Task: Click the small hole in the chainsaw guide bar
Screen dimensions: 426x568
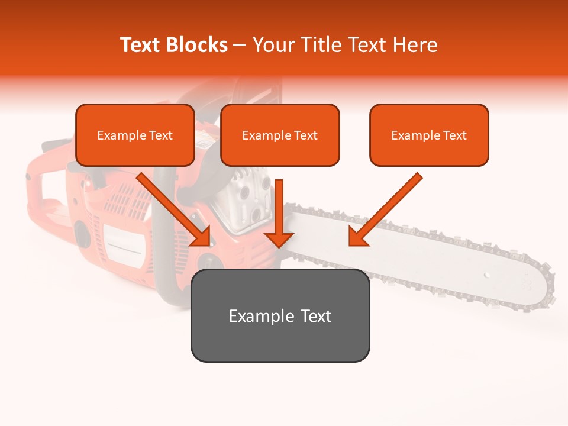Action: (487, 275)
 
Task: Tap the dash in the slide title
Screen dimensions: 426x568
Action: (240, 45)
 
